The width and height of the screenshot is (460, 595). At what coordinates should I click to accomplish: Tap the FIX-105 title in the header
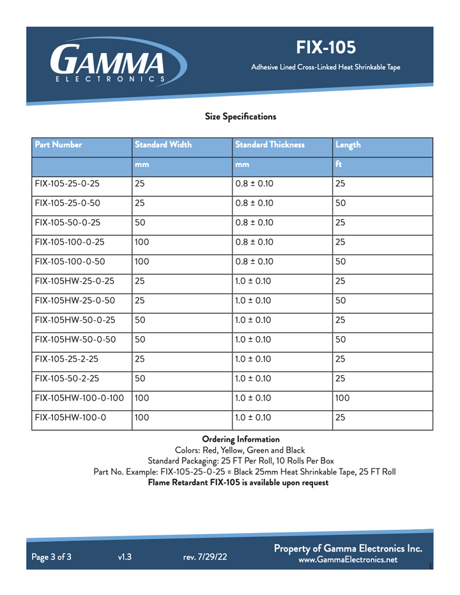tap(326, 47)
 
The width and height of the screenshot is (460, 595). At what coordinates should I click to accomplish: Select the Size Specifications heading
tap(240, 116)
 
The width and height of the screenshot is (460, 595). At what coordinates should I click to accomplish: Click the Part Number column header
tap(59, 145)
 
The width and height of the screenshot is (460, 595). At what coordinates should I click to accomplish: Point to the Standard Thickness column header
tap(270, 145)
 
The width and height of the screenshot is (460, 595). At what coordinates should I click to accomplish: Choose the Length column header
tap(348, 145)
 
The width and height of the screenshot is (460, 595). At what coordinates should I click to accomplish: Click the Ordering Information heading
tap(240, 439)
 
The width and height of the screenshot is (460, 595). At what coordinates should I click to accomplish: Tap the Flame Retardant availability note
tap(238, 483)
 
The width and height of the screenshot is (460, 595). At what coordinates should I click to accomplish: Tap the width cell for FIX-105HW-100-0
tap(142, 419)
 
